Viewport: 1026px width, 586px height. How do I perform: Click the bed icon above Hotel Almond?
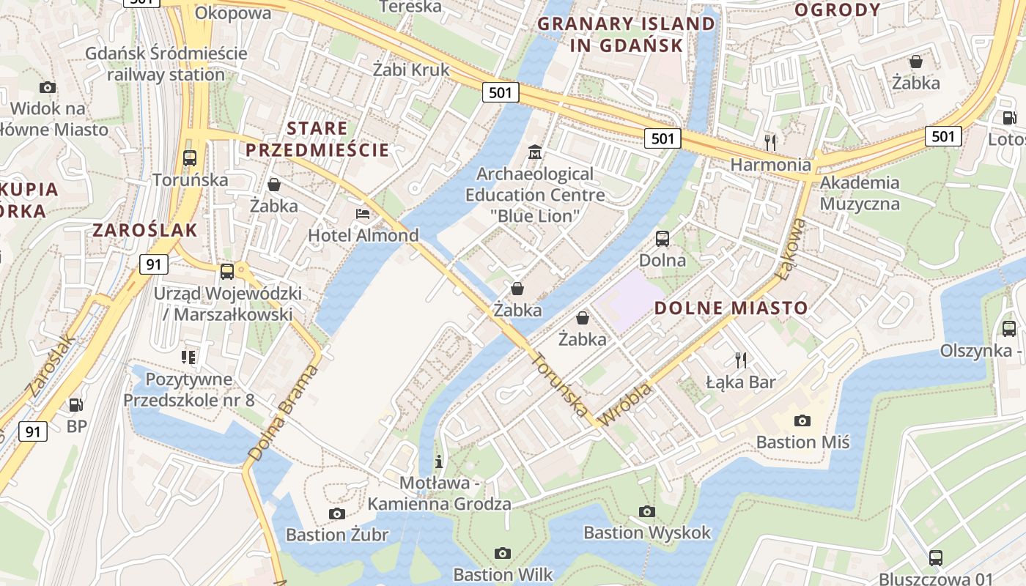363,214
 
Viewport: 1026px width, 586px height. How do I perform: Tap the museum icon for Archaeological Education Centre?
535,153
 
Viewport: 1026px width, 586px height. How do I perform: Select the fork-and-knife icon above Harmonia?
769,142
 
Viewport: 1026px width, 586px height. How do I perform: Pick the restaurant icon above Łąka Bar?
741,360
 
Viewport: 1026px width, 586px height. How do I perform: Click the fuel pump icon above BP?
75,404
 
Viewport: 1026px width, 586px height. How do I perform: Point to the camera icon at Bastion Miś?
802,420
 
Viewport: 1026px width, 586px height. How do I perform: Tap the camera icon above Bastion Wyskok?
646,511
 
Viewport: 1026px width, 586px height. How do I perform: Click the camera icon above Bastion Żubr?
336,513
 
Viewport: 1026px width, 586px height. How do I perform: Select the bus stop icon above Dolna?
663,238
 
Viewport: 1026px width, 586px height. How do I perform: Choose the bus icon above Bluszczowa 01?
936,557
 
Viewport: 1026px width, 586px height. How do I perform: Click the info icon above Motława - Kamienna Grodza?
439,461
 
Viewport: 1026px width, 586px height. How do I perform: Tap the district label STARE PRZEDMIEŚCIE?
317,139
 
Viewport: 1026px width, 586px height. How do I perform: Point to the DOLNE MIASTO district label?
731,308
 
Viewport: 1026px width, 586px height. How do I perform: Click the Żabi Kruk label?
410,70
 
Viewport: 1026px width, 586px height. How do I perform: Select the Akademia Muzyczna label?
859,193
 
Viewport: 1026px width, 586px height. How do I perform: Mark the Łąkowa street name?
794,250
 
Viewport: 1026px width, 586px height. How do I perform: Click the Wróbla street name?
625,405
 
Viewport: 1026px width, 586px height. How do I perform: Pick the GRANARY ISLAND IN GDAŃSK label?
626,34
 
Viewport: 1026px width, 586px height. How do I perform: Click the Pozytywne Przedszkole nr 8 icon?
188,357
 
